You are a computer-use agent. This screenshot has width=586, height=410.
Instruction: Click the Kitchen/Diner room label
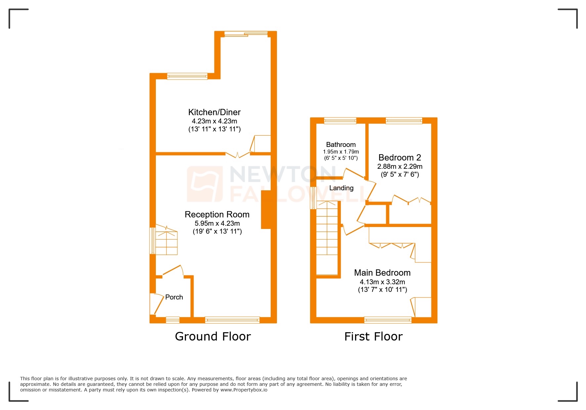tap(214, 112)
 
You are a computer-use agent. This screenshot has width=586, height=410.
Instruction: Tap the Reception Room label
tap(217, 214)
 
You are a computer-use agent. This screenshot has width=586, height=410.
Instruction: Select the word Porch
tap(174, 297)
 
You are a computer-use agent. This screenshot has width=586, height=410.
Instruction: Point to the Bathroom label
tap(341, 145)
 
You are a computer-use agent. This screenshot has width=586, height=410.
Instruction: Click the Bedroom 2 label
tap(400, 158)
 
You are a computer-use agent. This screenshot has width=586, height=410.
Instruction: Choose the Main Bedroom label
tap(382, 273)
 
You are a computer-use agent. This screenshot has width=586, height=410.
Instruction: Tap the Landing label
tap(341, 188)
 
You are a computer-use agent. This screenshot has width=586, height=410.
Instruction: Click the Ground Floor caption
tap(213, 337)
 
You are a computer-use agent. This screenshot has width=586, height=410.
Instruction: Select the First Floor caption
tap(373, 337)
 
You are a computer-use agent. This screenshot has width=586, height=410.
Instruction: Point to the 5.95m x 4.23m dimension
tap(217, 223)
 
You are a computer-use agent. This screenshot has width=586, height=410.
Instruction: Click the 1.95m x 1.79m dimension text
tap(341, 152)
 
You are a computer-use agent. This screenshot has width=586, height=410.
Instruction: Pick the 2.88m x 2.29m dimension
tap(400, 166)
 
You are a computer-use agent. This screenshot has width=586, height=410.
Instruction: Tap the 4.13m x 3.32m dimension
tap(382, 282)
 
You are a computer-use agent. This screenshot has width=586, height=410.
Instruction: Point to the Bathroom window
tap(340, 120)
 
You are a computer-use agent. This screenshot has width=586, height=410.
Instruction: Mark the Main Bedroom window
tap(388, 320)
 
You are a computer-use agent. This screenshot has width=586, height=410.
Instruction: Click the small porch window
tap(172, 320)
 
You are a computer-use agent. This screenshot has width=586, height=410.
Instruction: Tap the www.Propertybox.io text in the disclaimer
tap(244, 390)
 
